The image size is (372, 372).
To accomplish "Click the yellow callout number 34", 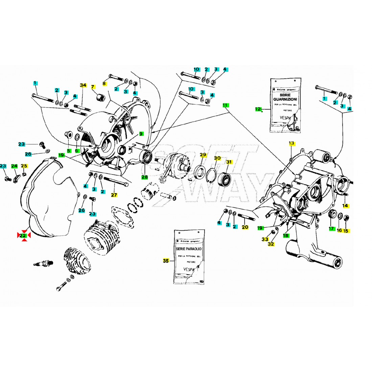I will click(83, 85).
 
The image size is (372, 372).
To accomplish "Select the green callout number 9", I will click(141, 134).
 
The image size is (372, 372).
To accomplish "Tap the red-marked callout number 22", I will click(24, 235).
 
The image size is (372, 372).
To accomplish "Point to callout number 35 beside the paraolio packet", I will click(166, 261).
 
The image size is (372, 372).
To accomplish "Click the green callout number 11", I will click(225, 106).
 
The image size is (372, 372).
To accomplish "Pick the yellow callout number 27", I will click(114, 195).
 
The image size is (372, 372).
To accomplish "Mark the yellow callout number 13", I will click(292, 143).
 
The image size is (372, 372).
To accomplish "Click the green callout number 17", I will click(331, 229).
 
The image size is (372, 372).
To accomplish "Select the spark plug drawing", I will click(44, 262).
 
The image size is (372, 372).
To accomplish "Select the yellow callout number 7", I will click(93, 87).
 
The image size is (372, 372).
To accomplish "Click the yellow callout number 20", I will click(245, 227).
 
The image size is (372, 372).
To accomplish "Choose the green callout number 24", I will click(14, 166).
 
